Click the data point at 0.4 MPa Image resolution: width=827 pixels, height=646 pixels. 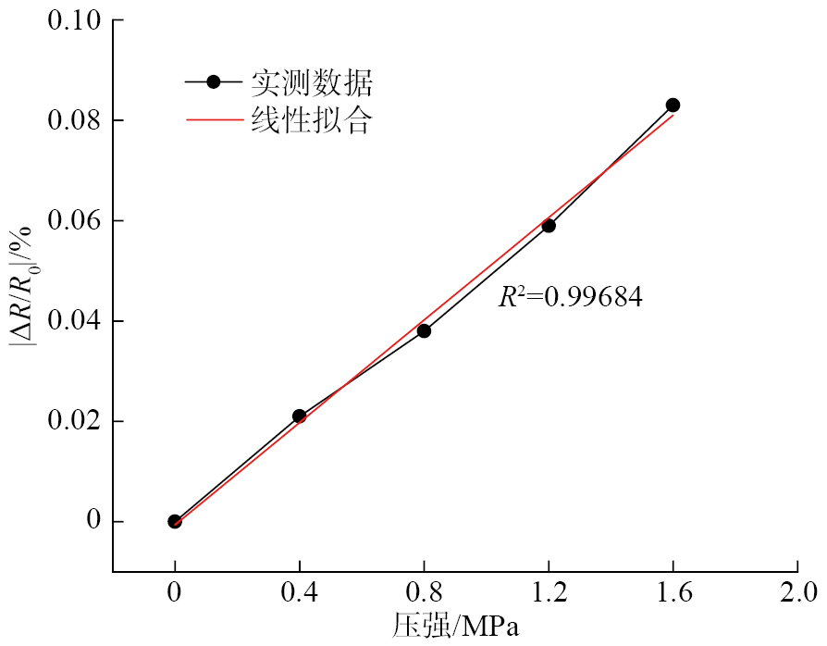(x=299, y=416)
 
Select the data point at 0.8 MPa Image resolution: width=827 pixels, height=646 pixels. (x=424, y=330)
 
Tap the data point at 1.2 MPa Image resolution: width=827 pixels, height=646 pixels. (x=549, y=226)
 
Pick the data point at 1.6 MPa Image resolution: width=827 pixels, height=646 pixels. (x=673, y=106)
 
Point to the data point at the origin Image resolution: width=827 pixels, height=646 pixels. (x=175, y=521)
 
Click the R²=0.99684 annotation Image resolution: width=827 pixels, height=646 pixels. (x=571, y=297)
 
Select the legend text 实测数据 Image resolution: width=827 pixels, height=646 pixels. (x=312, y=83)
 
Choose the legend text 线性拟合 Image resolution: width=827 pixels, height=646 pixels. (x=312, y=119)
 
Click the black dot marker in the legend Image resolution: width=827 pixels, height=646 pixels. (x=213, y=82)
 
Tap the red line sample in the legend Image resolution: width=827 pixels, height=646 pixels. (x=214, y=119)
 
